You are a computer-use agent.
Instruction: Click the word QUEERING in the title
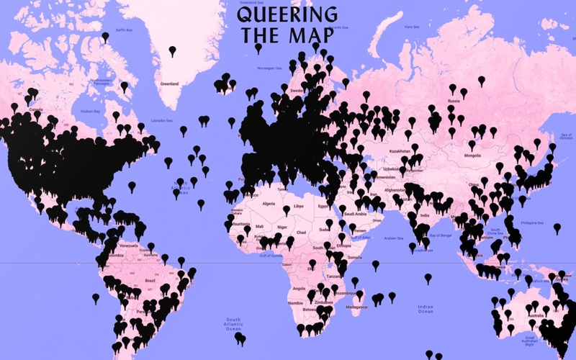point(287,14)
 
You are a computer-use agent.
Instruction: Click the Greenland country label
point(169,84)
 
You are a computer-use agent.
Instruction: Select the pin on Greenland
point(172,50)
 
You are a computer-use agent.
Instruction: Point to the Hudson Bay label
point(89,112)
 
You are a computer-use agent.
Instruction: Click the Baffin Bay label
point(125,30)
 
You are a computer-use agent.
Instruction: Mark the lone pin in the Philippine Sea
point(557,227)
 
